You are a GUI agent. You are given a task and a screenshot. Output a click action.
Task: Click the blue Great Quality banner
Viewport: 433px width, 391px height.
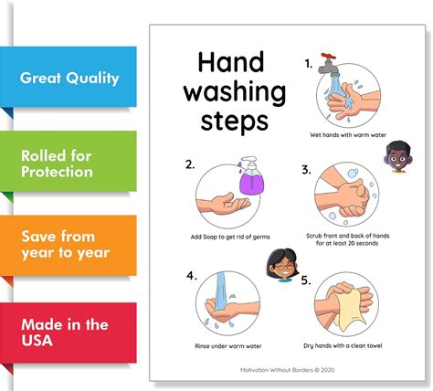click(69, 77)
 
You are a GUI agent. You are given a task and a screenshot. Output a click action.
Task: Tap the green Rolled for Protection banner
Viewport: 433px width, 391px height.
click(69, 163)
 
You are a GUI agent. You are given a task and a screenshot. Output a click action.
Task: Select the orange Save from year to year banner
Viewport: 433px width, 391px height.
click(69, 244)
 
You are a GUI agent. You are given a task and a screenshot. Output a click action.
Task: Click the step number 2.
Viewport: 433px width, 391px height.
click(190, 165)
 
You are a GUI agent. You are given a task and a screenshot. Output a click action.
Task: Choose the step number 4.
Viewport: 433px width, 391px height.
click(191, 275)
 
